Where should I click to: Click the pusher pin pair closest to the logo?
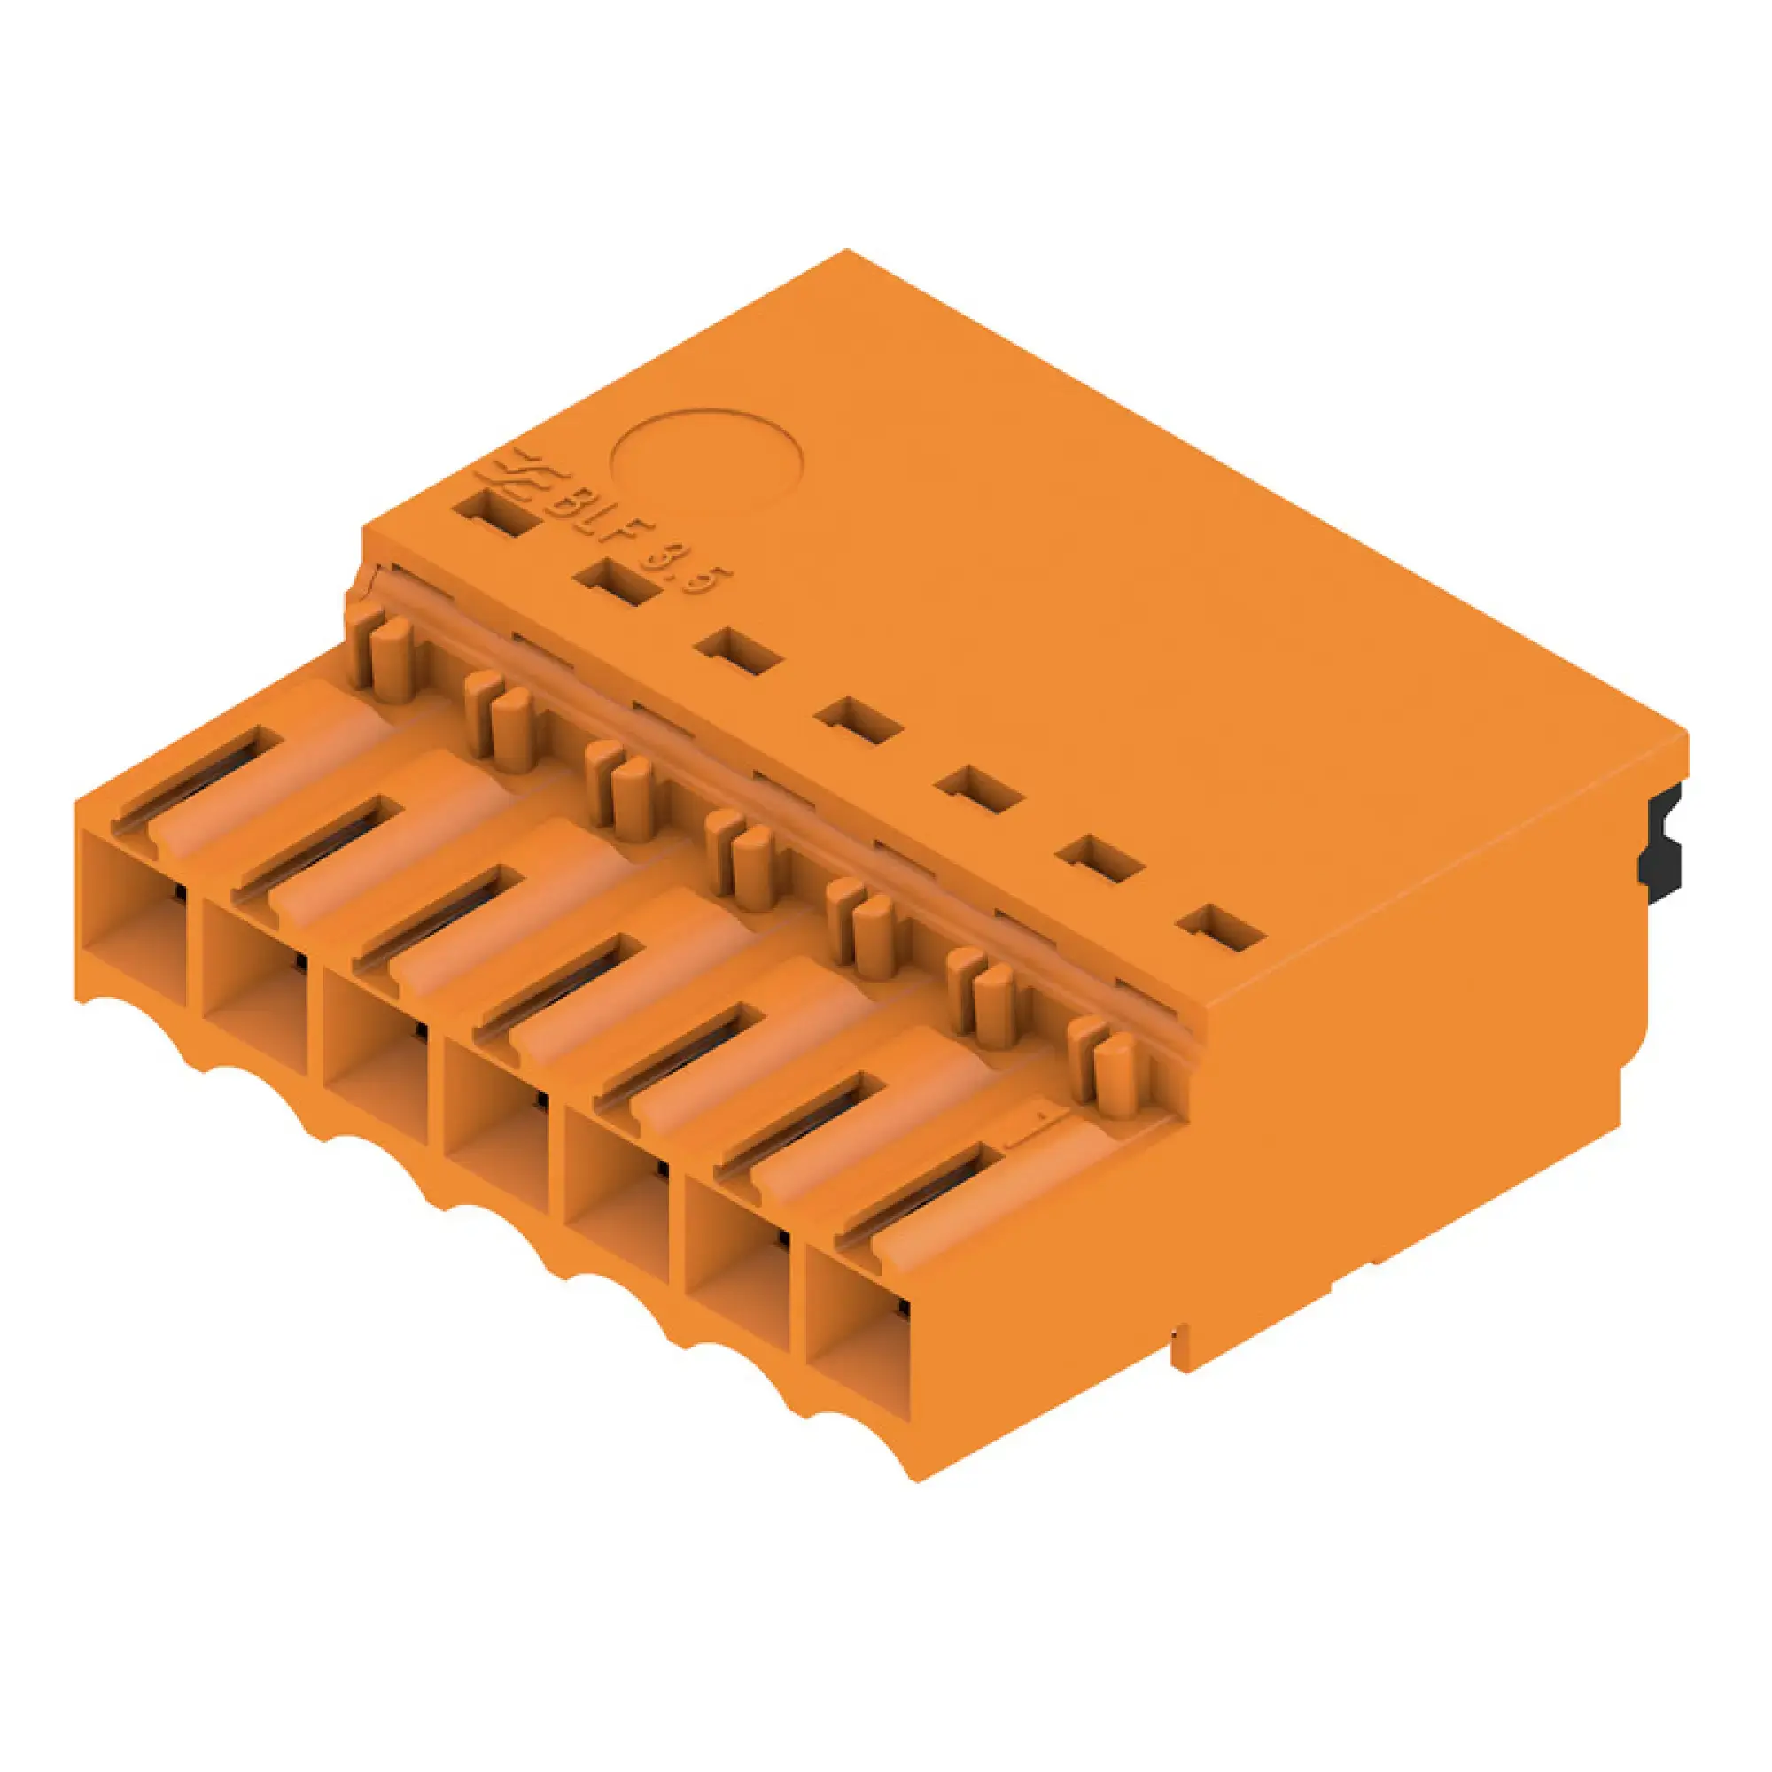pos(382,656)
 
